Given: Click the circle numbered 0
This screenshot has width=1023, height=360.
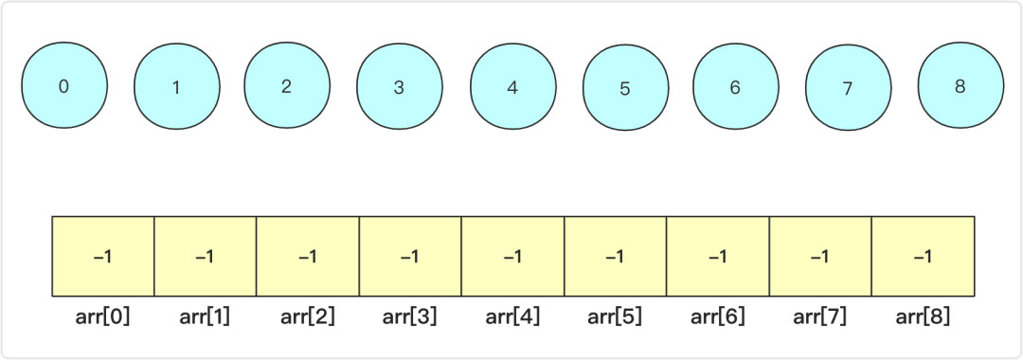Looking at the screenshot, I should (63, 86).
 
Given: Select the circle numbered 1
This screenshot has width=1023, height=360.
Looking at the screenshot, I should (175, 88).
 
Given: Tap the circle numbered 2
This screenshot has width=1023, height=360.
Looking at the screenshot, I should (286, 86).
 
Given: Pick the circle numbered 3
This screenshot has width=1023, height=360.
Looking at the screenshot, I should (399, 88).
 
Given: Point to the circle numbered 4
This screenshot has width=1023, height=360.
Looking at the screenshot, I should (511, 88).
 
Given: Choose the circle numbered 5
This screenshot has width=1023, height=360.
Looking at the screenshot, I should (624, 89).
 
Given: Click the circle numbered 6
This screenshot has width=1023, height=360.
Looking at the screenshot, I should (735, 87).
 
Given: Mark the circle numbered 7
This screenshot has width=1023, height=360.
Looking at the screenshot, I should (847, 88).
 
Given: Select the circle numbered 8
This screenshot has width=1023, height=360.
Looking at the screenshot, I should (960, 86).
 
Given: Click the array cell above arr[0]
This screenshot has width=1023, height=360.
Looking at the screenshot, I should (103, 257).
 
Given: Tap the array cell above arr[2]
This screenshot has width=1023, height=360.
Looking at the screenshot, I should (308, 257).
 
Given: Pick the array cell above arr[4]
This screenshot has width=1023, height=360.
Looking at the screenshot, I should (512, 257).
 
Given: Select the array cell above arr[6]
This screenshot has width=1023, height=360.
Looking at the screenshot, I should (718, 257).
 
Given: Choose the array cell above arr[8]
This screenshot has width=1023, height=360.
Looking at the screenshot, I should (923, 257).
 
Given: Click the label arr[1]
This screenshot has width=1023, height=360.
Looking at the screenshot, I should (206, 316).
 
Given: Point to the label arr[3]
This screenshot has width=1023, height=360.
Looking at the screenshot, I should (410, 316).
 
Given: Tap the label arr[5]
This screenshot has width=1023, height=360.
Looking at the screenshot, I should (615, 316).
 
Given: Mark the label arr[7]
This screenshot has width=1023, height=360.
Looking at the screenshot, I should (820, 316).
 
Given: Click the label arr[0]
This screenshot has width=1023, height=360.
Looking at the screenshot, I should (103, 316).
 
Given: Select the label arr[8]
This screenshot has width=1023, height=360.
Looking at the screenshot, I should (923, 316).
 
